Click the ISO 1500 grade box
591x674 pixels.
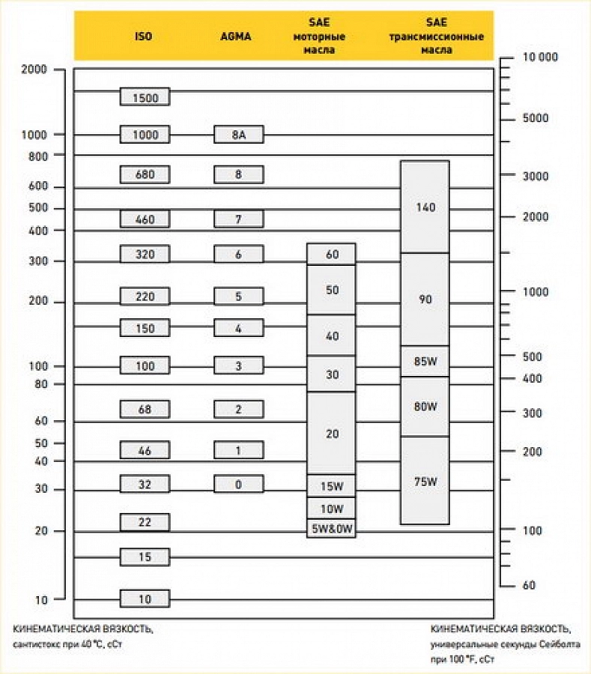click(x=145, y=97)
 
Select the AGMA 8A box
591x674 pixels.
click(x=238, y=135)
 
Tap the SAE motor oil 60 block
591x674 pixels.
click(x=331, y=254)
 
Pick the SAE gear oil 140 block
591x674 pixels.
click(x=425, y=207)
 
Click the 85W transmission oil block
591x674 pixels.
click(x=425, y=362)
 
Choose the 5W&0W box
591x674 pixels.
click(x=331, y=529)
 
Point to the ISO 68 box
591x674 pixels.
click(x=145, y=409)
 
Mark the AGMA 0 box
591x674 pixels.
click(x=238, y=484)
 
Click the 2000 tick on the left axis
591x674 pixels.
click(x=34, y=70)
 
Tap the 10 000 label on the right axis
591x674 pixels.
click(x=539, y=57)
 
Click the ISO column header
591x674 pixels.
click(x=143, y=36)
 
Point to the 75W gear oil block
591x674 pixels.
click(x=425, y=482)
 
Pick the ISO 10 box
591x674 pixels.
click(x=145, y=598)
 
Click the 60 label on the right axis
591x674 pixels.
click(x=529, y=585)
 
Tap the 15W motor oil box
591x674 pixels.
click(x=331, y=486)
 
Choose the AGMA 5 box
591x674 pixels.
click(x=238, y=296)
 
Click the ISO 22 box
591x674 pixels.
click(x=145, y=522)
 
